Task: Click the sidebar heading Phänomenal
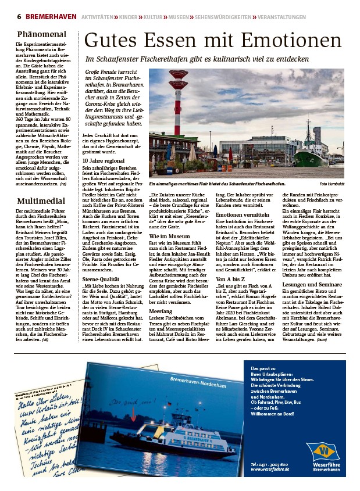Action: (41, 34)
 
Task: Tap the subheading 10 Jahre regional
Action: (104, 160)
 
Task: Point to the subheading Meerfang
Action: (161, 311)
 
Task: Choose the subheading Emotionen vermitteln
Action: (243, 214)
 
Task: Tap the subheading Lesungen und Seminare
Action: (312, 285)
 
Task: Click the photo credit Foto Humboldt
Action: (336, 184)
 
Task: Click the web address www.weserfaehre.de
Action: (270, 469)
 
